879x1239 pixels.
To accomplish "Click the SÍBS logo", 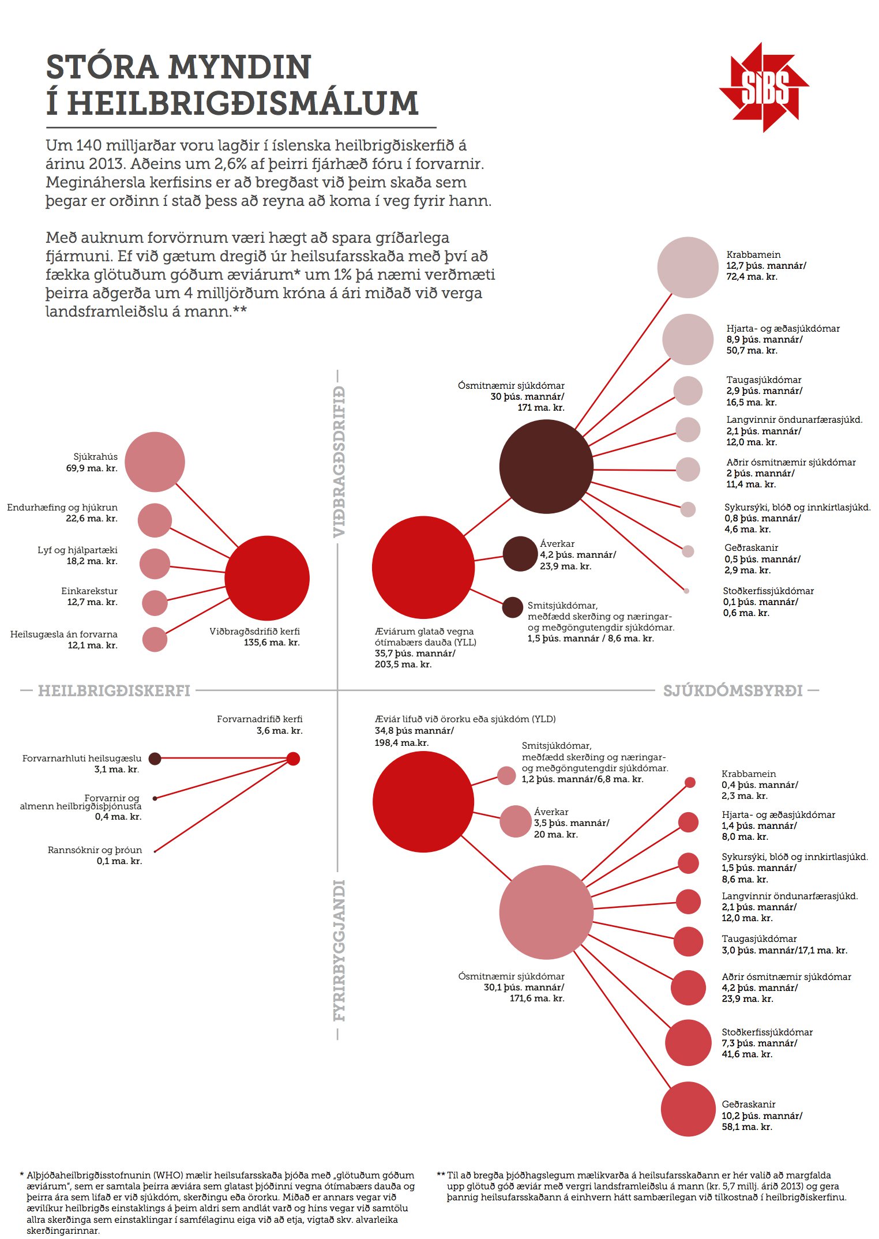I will click(x=764, y=87).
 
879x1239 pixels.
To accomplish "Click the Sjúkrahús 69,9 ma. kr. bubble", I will click(x=155, y=462).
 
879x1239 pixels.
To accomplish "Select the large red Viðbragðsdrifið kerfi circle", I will click(x=267, y=578).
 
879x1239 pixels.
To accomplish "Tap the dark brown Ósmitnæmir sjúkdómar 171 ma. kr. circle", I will click(x=546, y=467).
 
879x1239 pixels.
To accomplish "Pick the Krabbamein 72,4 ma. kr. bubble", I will click(x=688, y=268).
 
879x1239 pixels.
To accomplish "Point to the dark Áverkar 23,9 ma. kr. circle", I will click(x=520, y=554).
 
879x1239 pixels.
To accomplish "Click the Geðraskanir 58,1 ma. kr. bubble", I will click(x=688, y=1109).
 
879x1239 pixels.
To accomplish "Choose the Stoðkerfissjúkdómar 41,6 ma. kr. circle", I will click(x=688, y=1043).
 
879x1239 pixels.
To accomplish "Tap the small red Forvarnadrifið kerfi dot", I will click(x=293, y=759).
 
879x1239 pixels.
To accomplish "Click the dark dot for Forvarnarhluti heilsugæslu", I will click(x=155, y=759).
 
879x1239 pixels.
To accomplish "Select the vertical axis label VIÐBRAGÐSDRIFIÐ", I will click(x=339, y=461).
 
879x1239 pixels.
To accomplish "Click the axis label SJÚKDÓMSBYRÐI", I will click(x=732, y=690).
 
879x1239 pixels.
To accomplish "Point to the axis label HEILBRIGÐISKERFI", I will click(x=114, y=690).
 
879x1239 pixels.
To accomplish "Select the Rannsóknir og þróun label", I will click(x=95, y=850).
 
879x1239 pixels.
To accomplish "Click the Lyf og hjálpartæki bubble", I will click(x=155, y=564).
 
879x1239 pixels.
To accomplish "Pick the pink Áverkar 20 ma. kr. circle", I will click(x=515, y=821).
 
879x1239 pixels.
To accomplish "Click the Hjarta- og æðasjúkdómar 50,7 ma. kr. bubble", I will click(x=688, y=340).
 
